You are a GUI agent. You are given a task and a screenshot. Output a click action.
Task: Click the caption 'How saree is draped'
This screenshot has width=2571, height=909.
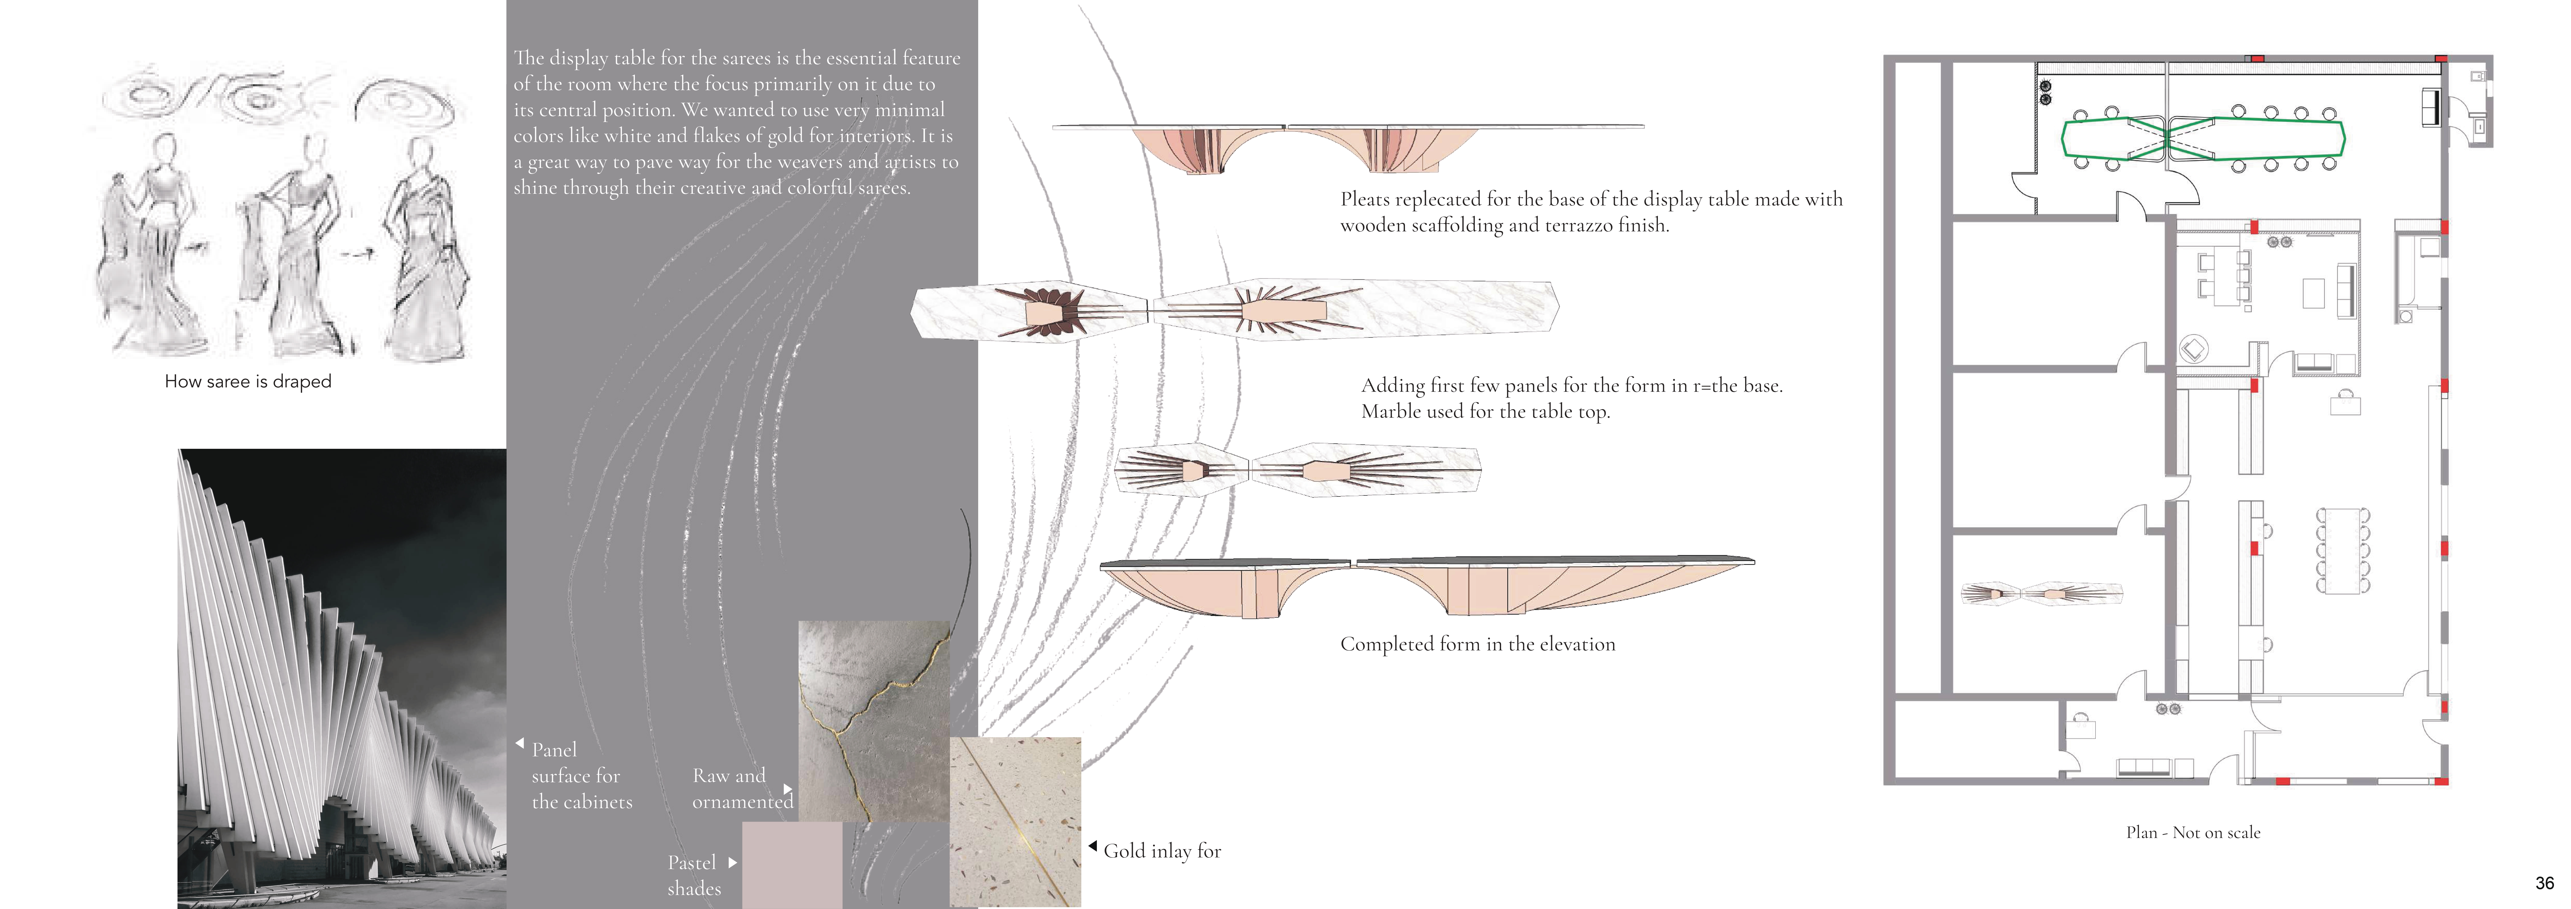[247, 381]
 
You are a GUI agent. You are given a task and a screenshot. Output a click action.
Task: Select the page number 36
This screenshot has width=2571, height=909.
[2544, 883]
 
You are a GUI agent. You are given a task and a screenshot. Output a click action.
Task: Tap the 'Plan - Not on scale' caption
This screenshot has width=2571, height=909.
[2193, 832]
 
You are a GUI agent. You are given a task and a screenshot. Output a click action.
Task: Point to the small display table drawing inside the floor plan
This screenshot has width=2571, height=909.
[2041, 594]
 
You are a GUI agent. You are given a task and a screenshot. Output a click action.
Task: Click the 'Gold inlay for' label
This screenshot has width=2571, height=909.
[1162, 851]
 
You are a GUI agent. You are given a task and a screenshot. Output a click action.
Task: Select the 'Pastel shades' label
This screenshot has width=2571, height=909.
[693, 875]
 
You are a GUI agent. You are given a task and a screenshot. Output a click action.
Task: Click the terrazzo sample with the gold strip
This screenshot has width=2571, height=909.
[1015, 821]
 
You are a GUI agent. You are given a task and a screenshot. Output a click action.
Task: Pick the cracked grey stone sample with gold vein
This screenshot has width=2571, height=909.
[873, 720]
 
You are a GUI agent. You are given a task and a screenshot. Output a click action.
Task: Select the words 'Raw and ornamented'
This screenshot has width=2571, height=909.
[743, 788]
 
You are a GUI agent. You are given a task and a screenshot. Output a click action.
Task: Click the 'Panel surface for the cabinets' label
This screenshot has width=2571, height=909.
[582, 775]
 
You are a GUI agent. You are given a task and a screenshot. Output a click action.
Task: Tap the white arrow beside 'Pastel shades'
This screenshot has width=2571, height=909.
[733, 862]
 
